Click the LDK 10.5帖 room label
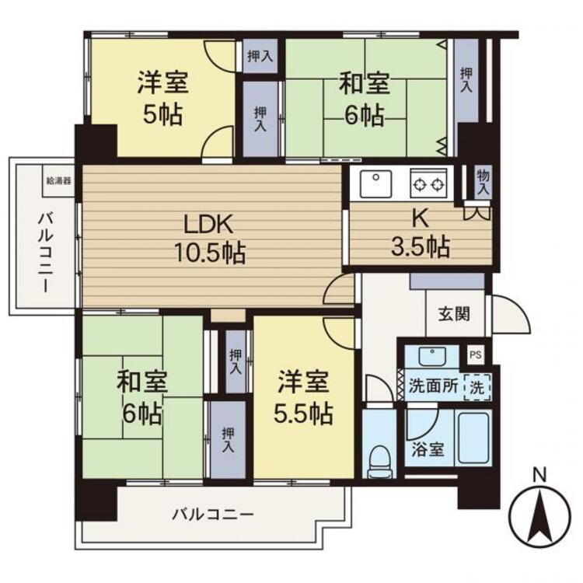pyautogui.click(x=210, y=239)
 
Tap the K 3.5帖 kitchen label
pyautogui.click(x=421, y=233)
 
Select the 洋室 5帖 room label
pyautogui.click(x=163, y=98)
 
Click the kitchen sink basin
pyautogui.click(x=376, y=183)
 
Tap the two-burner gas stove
pyautogui.click(x=429, y=183)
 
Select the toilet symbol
pyautogui.click(x=380, y=462)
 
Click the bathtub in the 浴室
pyautogui.click(x=473, y=438)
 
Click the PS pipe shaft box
pyautogui.click(x=476, y=354)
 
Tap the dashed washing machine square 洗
pyautogui.click(x=477, y=387)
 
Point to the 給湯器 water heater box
pyautogui.click(x=58, y=181)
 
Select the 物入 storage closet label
pyautogui.click(x=483, y=182)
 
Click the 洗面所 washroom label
pyautogui.click(x=433, y=386)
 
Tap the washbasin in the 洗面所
pyautogui.click(x=432, y=357)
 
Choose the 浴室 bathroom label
pyautogui.click(x=428, y=449)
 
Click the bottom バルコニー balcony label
pyautogui.click(x=213, y=515)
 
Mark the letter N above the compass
pyautogui.click(x=540, y=476)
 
